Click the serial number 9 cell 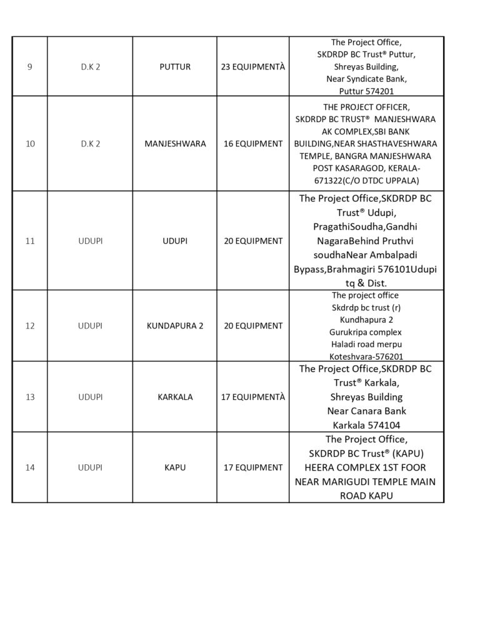click(30, 66)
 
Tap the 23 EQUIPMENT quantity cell click(252, 66)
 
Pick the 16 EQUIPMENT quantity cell click(252, 143)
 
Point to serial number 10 click(30, 143)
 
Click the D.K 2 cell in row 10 click(91, 143)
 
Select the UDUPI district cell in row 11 click(91, 240)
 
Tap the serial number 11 click(30, 240)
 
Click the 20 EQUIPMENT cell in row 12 click(252, 325)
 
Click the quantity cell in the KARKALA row click(252, 397)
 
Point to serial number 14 click(30, 467)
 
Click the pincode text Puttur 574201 click(366, 91)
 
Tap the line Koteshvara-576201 click(366, 355)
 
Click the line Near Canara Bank click(366, 411)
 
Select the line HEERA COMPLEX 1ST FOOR click(366, 467)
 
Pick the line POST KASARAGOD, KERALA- click(366, 168)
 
